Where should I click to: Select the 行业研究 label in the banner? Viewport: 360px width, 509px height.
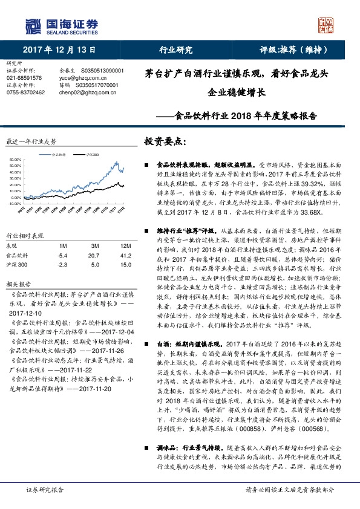tap(175, 50)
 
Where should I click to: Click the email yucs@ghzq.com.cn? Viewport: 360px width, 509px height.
tap(77, 78)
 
